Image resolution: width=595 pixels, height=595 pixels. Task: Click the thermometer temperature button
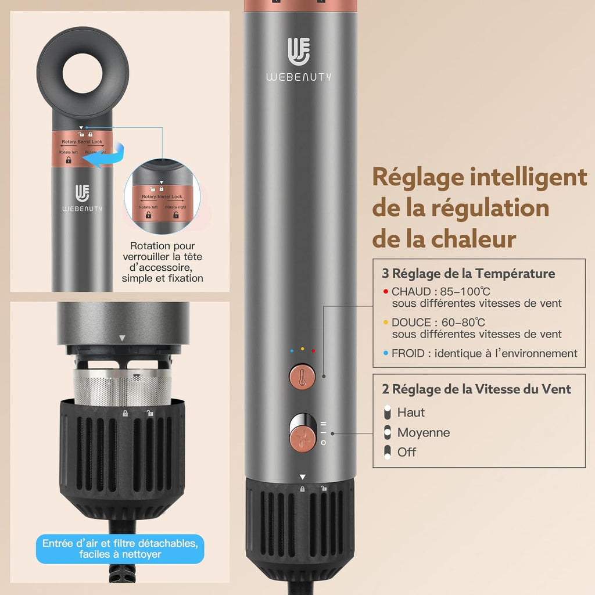(x=302, y=377)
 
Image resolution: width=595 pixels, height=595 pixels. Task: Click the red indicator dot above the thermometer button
(x=313, y=351)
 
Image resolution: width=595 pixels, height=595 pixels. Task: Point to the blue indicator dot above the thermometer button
(x=292, y=351)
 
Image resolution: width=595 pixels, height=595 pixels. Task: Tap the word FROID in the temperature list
(x=408, y=353)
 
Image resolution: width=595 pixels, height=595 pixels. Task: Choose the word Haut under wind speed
(x=411, y=413)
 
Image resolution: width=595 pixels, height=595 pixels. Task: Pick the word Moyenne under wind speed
(x=424, y=432)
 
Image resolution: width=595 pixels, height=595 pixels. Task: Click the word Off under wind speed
(x=406, y=452)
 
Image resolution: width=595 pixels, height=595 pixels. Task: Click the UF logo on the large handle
(x=299, y=51)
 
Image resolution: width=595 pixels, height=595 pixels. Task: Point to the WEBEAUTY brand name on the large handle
(x=299, y=77)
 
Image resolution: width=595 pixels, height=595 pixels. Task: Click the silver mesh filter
(x=122, y=387)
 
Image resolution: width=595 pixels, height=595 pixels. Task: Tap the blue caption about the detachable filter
(x=120, y=549)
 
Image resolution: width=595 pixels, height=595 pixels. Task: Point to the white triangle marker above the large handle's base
(x=302, y=477)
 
